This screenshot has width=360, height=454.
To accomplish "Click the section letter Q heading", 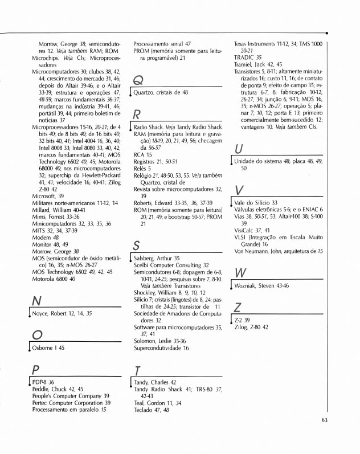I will click(138, 80).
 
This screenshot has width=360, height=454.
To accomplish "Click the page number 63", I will click(324, 421).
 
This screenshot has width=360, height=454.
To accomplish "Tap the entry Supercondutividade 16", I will click(161, 348).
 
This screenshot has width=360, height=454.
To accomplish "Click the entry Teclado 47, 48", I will click(152, 410).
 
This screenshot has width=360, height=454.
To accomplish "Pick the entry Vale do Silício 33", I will click(256, 203).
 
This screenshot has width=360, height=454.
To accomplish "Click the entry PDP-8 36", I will click(43, 382).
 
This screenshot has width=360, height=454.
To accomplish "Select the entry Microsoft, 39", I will click(48, 196).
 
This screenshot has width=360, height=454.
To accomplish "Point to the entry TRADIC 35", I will click(248, 58).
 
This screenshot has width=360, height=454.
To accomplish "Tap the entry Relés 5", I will click(142, 169).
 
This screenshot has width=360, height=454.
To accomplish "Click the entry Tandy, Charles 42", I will click(155, 382).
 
